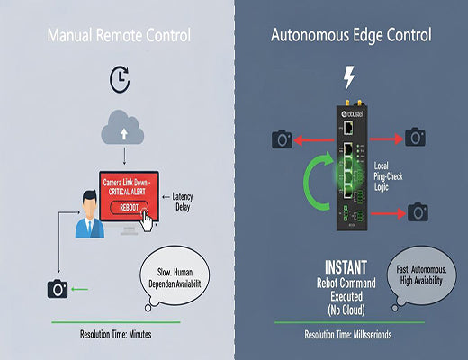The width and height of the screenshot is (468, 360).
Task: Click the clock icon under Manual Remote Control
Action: tap(119, 80)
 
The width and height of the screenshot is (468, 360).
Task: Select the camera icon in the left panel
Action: tap(58, 289)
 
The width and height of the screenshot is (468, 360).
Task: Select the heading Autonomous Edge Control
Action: tap(350, 37)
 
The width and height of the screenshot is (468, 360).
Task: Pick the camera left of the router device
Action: tap(282, 139)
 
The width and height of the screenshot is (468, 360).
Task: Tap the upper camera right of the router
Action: tap(415, 137)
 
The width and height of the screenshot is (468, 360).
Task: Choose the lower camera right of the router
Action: tap(417, 212)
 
